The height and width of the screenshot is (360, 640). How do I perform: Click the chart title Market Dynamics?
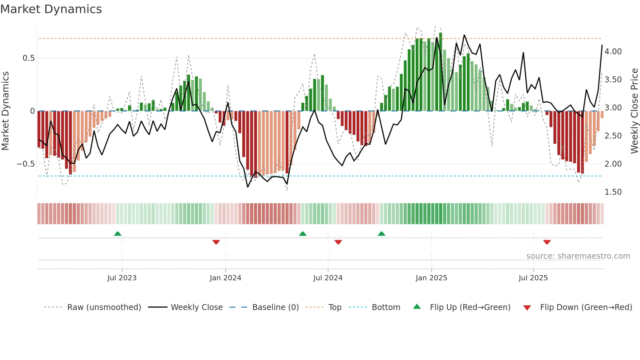tap(51, 9)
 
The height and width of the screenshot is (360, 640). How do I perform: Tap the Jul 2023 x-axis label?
tap(122, 278)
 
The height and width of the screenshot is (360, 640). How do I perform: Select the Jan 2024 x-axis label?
tap(225, 278)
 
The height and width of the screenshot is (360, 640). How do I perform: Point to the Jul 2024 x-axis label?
tap(328, 278)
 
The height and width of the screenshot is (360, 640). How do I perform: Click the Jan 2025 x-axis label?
tap(431, 278)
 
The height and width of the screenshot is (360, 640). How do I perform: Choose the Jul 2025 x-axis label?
tap(533, 278)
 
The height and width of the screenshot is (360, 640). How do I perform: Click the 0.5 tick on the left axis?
tap(29, 58)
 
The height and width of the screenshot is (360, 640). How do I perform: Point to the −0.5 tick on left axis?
tap(26, 164)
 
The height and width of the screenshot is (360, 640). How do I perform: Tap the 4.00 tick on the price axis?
tap(613, 52)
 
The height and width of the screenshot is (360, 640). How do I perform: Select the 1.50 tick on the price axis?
tap(613, 192)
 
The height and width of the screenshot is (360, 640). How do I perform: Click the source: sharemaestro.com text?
tap(578, 256)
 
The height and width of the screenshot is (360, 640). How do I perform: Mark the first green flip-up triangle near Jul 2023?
tap(118, 234)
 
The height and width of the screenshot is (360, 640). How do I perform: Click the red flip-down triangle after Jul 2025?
tap(547, 242)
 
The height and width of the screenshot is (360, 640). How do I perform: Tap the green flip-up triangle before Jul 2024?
tap(303, 234)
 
